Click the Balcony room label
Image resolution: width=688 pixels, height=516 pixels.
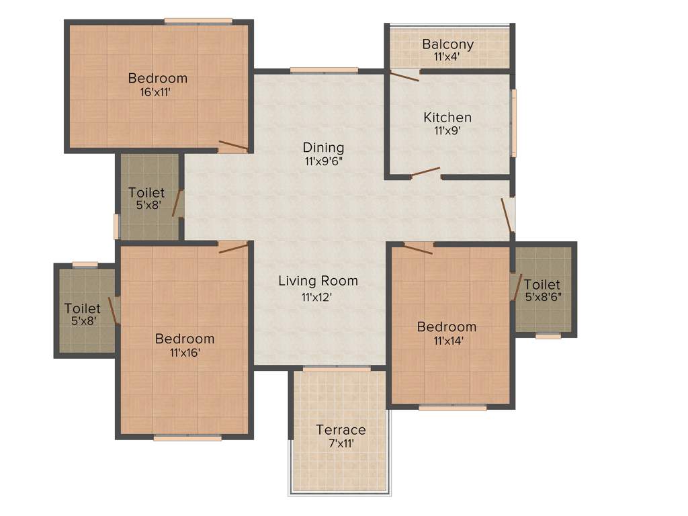click(x=447, y=44)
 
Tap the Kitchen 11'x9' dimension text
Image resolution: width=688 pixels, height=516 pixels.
click(x=447, y=131)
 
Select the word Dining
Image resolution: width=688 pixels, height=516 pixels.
click(x=323, y=147)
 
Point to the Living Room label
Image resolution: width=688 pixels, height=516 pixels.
click(x=318, y=281)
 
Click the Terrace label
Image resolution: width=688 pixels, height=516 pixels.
click(x=341, y=429)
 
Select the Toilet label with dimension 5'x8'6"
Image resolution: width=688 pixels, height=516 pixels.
click(x=543, y=284)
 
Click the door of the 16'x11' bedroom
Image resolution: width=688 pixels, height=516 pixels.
click(x=232, y=146)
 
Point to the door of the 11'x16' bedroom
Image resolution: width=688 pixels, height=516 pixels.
click(x=233, y=248)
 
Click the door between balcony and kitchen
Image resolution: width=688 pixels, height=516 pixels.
click(x=405, y=75)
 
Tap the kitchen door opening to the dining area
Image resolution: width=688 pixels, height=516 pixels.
click(x=425, y=172)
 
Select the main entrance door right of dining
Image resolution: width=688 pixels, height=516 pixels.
click(x=507, y=214)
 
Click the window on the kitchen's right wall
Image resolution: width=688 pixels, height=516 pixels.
click(x=514, y=123)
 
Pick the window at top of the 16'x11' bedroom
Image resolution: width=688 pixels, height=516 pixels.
click(x=199, y=21)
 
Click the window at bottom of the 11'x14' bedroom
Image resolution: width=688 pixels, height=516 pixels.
click(x=452, y=407)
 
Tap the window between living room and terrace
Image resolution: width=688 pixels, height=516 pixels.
click(x=337, y=369)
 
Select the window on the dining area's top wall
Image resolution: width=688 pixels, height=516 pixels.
click(x=324, y=70)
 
